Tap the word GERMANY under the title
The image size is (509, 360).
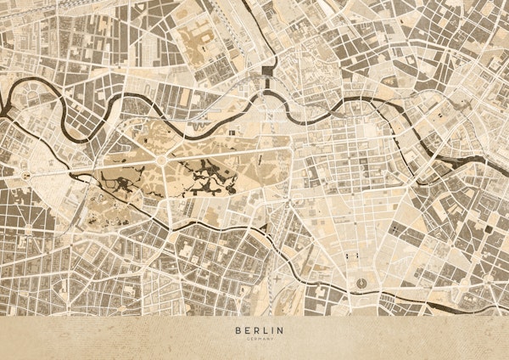tap(255, 339)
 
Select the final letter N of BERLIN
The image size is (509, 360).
tap(282, 329)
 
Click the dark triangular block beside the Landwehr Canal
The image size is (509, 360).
tap(265, 229)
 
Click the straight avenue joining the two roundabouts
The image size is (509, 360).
tap(93, 167)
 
